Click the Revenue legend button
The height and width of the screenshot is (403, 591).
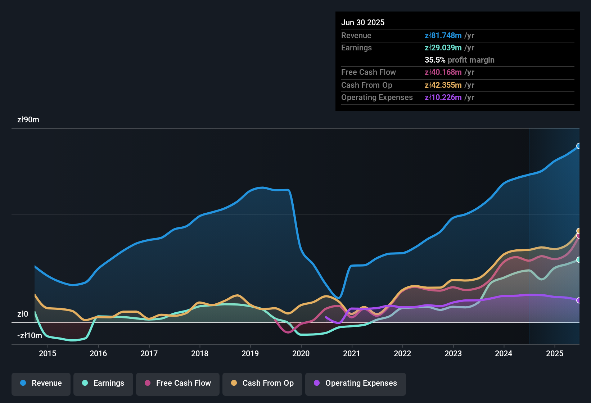[x=41, y=383]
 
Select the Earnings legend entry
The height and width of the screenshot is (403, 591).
[x=103, y=383]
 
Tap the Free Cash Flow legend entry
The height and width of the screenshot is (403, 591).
[x=178, y=383]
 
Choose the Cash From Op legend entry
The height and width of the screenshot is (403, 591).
[x=262, y=383]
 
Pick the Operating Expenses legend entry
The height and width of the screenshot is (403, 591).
[x=356, y=383]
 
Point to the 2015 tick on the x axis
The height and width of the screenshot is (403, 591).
[x=48, y=353]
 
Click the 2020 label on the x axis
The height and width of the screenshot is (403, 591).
[x=301, y=353]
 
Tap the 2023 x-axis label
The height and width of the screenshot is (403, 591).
[x=453, y=353]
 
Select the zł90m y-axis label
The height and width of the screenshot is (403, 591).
[x=28, y=120]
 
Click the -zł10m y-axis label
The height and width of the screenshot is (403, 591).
[x=30, y=336]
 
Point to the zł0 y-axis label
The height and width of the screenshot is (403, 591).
[x=23, y=314]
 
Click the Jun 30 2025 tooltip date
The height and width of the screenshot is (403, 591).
[x=363, y=23]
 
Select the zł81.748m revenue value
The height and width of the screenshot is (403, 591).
[x=443, y=36]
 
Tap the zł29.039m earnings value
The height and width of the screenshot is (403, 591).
[x=443, y=48]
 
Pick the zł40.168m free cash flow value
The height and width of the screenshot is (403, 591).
[x=443, y=72]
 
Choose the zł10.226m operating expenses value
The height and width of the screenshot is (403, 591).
[x=443, y=98]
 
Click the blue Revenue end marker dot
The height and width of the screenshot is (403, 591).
[x=579, y=146]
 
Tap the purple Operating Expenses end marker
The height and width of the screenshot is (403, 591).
[x=579, y=300]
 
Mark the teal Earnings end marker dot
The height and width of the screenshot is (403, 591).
[x=579, y=260]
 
